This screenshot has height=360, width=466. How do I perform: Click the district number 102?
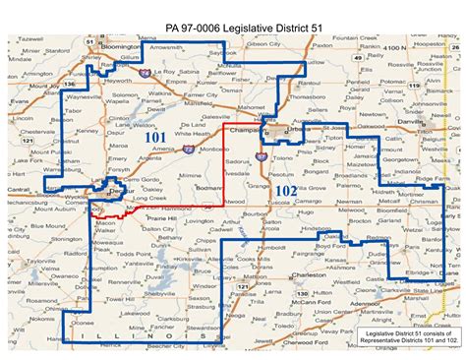(x=284, y=189)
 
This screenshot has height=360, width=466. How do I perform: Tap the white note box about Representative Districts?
(x=407, y=339)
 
